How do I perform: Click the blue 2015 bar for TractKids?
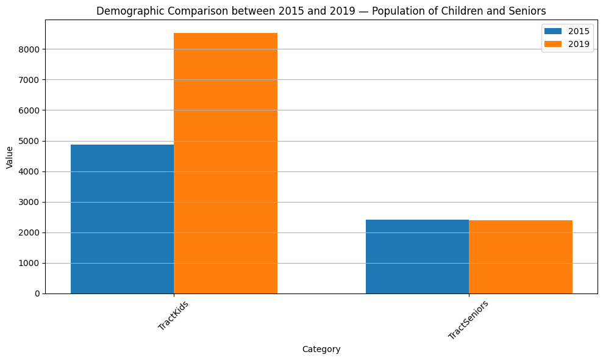point(122,219)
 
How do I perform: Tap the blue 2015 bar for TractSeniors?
point(417,256)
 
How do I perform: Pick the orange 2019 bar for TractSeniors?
point(521,257)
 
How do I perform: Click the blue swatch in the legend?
point(554,31)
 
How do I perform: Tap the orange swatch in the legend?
point(554,44)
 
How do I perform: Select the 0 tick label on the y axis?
point(37,293)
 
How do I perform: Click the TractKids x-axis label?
point(173,315)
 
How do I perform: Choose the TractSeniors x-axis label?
point(468,320)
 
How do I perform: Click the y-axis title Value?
point(10,157)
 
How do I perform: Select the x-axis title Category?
point(321,350)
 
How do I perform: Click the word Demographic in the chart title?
point(126,11)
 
